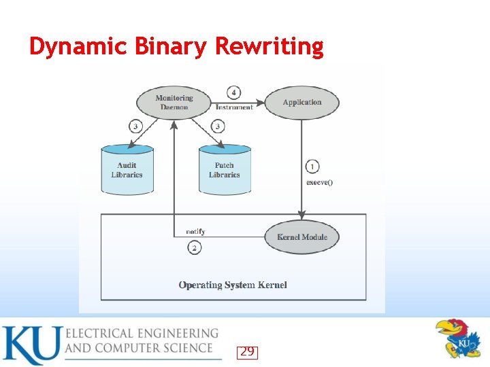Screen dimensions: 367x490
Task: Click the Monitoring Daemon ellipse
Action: pyautogui.click(x=174, y=103)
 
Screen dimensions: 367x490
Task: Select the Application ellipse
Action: pyautogui.click(x=301, y=103)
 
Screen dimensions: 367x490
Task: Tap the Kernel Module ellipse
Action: pyautogui.click(x=301, y=237)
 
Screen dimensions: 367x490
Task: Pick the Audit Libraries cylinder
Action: pyautogui.click(x=127, y=170)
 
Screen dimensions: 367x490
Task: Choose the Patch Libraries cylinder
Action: pyautogui.click(x=224, y=170)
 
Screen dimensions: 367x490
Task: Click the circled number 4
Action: pyautogui.click(x=234, y=92)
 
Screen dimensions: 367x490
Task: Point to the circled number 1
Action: pyautogui.click(x=312, y=167)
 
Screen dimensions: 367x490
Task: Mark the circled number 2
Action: pyautogui.click(x=195, y=248)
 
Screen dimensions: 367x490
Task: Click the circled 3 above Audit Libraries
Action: pyautogui.click(x=135, y=126)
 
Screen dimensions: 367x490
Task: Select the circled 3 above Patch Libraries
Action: pyautogui.click(x=217, y=126)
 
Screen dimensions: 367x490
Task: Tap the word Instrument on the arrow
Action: pyautogui.click(x=234, y=107)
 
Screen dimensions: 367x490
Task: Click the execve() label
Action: pyautogui.click(x=319, y=182)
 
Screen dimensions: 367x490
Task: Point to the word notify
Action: pyautogui.click(x=195, y=232)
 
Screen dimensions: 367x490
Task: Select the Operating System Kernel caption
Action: pyautogui.click(x=233, y=285)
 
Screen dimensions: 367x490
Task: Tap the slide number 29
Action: pyautogui.click(x=247, y=351)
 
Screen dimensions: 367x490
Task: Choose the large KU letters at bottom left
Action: pyautogui.click(x=31, y=345)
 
